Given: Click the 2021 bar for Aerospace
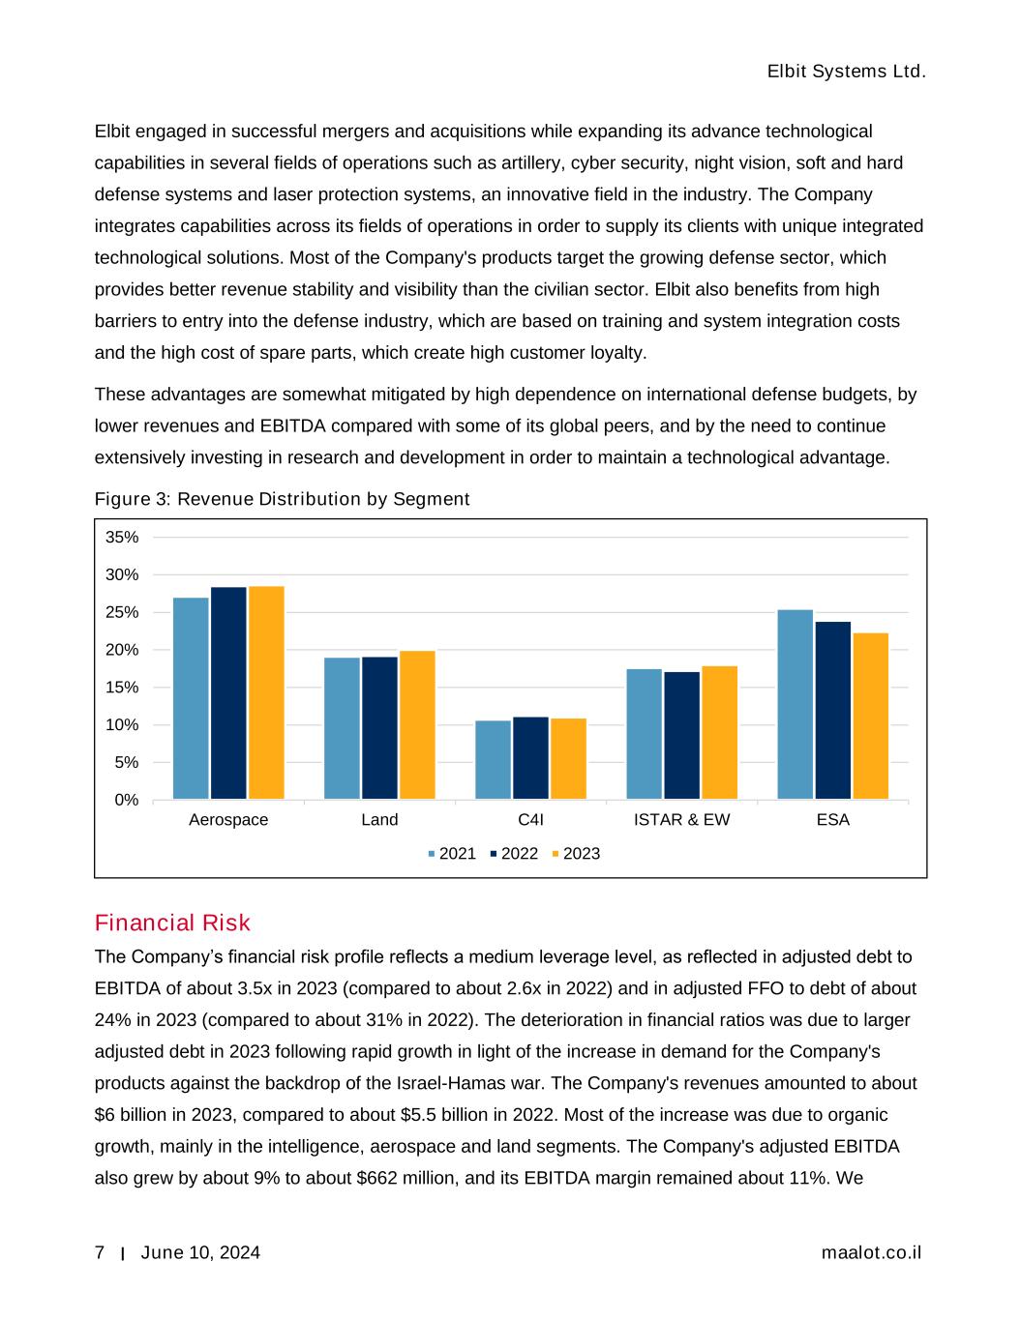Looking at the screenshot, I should [x=191, y=698].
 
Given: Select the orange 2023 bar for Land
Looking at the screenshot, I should [x=417, y=725].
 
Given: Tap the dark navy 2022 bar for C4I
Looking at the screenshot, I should [x=530, y=758].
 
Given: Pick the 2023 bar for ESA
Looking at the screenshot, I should [x=871, y=716].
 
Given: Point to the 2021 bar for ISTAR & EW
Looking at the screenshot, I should [x=644, y=734].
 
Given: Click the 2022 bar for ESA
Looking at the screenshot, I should [x=833, y=710].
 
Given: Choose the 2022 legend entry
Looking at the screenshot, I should [x=514, y=854].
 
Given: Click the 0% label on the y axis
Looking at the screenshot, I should [x=127, y=800].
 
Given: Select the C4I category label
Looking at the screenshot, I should [x=530, y=820].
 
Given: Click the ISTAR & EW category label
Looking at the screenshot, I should [x=681, y=820].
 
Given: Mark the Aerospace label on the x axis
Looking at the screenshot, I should [x=228, y=820].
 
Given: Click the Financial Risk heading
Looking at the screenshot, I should [x=172, y=923].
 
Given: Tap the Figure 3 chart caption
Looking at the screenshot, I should [x=282, y=499].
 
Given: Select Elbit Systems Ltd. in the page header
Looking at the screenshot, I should [x=846, y=73].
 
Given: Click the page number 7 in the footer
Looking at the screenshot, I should [x=100, y=1253].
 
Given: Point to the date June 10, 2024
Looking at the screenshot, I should [x=200, y=1253].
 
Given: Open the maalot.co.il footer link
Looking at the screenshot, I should [x=871, y=1253].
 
